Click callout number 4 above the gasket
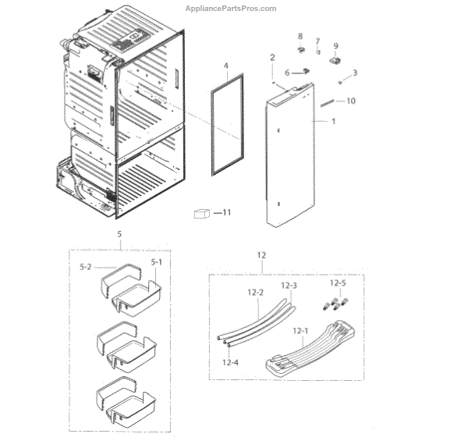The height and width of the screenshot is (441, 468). (225, 67)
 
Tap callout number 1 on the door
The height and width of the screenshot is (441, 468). (334, 122)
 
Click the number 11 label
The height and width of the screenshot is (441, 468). (227, 212)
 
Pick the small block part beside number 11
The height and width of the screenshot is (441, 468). (204, 214)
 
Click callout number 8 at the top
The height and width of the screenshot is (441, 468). (300, 37)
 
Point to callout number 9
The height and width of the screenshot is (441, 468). (336, 46)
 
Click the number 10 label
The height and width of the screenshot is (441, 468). (350, 101)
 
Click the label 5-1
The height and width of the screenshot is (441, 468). (155, 262)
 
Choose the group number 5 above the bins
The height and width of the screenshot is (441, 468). (119, 233)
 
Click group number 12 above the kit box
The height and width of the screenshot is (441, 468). (261, 255)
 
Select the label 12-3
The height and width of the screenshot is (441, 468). (289, 286)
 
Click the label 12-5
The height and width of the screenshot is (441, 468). (339, 286)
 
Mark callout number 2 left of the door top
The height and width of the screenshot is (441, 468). (272, 58)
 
